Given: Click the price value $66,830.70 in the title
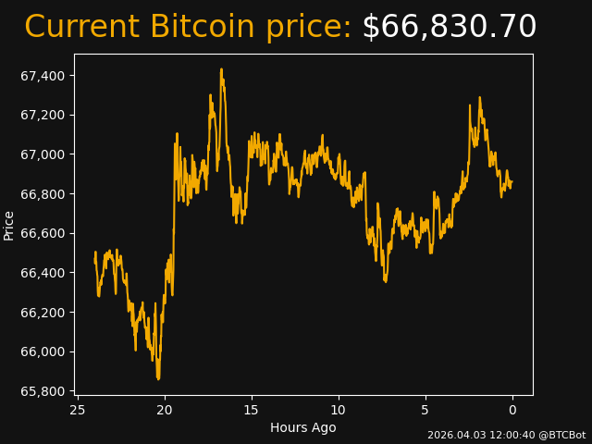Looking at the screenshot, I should tap(449, 28).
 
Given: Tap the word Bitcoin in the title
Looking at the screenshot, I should tap(202, 28).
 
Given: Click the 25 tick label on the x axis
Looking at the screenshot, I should tap(78, 410).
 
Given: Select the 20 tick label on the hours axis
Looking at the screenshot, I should tap(165, 410).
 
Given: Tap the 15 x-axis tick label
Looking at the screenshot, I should tap(252, 410).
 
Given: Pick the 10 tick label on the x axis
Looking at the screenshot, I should tap(339, 410).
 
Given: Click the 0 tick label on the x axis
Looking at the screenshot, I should tap(512, 410).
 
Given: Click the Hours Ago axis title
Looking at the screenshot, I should tap(303, 427).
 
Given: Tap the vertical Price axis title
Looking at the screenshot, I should tap(9, 225).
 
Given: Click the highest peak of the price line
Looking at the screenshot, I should tap(221, 69).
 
